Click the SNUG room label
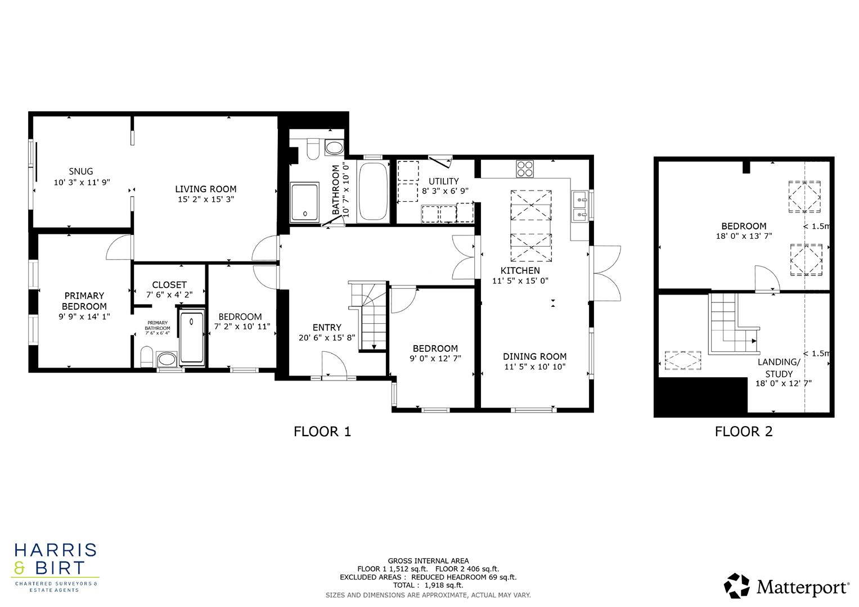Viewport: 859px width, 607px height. (x=80, y=171)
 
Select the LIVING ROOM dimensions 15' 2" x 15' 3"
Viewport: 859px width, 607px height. (x=205, y=199)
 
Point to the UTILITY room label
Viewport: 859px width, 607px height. (x=444, y=181)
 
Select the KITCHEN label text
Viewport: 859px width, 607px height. (x=520, y=270)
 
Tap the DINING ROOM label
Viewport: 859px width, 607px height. (x=534, y=356)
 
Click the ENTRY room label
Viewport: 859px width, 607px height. (x=327, y=328)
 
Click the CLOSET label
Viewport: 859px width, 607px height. (x=169, y=285)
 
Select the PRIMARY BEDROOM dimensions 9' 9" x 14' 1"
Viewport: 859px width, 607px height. (x=84, y=316)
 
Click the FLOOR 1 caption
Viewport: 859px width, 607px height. (x=322, y=432)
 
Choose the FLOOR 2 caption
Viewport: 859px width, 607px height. (x=743, y=432)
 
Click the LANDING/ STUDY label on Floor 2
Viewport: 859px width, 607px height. (x=779, y=368)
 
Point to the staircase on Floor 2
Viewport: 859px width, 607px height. (x=730, y=326)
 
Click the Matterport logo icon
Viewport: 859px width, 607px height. (x=736, y=586)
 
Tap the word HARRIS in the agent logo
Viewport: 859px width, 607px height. (x=55, y=550)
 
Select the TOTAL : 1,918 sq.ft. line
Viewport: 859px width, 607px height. (x=428, y=585)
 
